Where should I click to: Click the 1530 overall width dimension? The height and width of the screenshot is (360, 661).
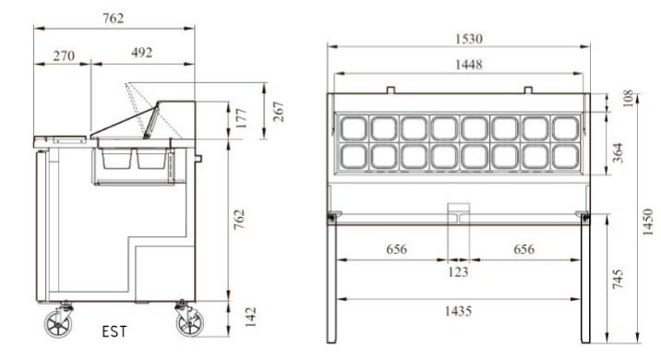click(x=468, y=39)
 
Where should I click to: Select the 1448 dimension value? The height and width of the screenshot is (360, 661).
click(x=468, y=65)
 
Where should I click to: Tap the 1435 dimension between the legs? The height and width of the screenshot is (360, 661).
click(x=458, y=311)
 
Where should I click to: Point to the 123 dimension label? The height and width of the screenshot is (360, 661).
click(x=458, y=272)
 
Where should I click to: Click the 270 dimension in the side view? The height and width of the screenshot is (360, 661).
click(x=64, y=55)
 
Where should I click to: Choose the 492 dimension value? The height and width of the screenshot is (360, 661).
click(x=141, y=53)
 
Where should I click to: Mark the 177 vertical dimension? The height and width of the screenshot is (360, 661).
click(x=241, y=118)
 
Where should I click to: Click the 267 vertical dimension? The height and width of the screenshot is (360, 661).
click(x=278, y=112)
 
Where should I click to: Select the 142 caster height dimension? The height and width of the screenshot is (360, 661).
click(x=250, y=317)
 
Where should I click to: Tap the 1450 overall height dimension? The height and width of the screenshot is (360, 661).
click(x=647, y=222)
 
